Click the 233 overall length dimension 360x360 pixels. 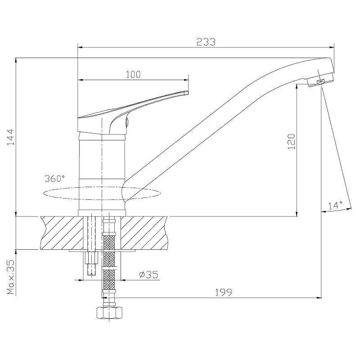pyautogui.click(x=206, y=42)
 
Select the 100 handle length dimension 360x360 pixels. pyautogui.click(x=133, y=75)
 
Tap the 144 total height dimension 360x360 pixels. pyautogui.click(x=10, y=137)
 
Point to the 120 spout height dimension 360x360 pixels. pyautogui.click(x=291, y=141)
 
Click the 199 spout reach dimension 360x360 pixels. pyautogui.click(x=223, y=292)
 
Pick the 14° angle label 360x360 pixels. pyautogui.click(x=335, y=205)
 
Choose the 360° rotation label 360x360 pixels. pyautogui.click(x=54, y=178)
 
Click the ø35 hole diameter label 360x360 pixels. pyautogui.click(x=149, y=274)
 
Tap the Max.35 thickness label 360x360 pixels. pyautogui.click(x=10, y=277)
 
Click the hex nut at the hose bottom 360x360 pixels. pyautogui.click(x=109, y=313)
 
